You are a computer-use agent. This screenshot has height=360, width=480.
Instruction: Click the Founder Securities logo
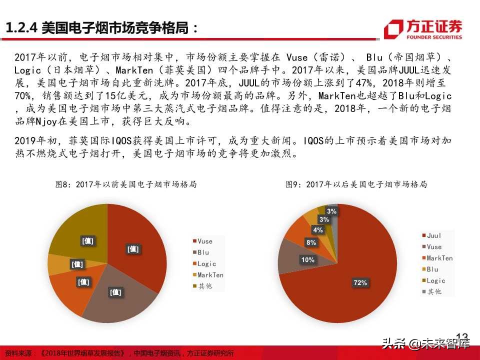point(423,29)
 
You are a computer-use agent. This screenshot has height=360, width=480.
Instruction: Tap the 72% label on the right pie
point(360,283)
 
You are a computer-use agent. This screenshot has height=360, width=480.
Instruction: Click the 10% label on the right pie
point(307,260)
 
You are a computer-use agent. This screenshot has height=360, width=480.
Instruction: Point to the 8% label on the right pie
point(311,242)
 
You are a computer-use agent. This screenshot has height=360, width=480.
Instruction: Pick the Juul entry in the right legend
point(433,235)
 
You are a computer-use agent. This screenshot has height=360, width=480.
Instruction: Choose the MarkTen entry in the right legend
point(439,258)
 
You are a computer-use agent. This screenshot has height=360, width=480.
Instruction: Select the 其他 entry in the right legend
point(434,292)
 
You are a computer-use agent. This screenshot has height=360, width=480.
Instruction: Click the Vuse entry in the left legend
point(204,241)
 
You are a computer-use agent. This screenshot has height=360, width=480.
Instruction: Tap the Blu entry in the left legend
point(203,252)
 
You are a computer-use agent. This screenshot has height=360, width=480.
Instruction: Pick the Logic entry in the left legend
point(206,263)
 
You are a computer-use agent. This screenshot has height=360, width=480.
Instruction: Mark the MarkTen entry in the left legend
point(209,275)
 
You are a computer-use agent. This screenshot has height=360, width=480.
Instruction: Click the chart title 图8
point(125,184)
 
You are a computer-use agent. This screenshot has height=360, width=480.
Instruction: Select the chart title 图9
point(356,184)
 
